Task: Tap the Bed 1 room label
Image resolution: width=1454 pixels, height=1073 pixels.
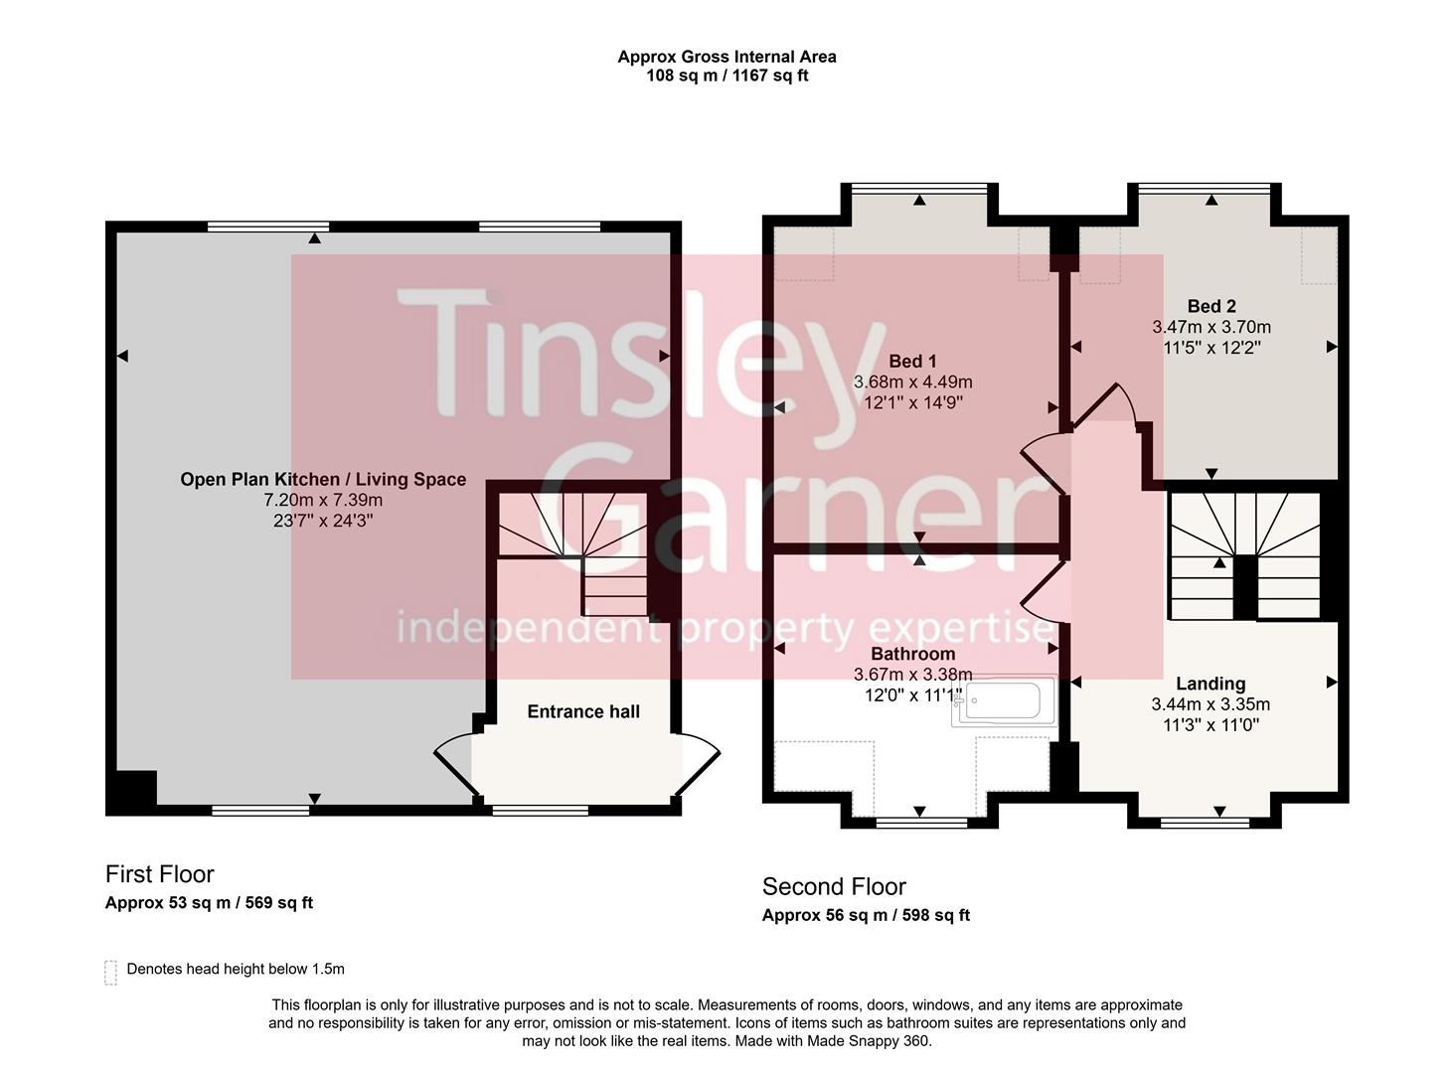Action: [912, 362]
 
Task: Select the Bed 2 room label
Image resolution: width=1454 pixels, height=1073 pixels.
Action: [1212, 306]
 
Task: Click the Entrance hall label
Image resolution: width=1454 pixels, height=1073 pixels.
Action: [583, 711]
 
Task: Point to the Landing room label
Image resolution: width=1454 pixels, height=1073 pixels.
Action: [1210, 684]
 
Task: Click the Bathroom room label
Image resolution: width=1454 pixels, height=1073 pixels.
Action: [912, 654]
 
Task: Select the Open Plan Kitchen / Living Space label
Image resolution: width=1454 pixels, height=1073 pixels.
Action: [323, 479]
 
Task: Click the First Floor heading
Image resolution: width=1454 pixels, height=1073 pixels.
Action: [160, 874]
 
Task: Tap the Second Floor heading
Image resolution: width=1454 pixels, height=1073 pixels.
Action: [834, 886]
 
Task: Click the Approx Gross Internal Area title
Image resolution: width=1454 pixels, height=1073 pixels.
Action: [727, 57]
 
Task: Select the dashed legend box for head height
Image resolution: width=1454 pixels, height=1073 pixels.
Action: [110, 972]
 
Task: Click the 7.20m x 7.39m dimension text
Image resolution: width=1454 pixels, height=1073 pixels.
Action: [323, 500]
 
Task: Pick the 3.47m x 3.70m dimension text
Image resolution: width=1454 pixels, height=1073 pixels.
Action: [1212, 327]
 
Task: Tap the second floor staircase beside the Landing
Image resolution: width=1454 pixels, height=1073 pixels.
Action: [1244, 556]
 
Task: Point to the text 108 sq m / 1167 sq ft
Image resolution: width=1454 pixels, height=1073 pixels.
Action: [727, 76]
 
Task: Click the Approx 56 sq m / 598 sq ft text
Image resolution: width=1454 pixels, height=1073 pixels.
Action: [866, 915]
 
